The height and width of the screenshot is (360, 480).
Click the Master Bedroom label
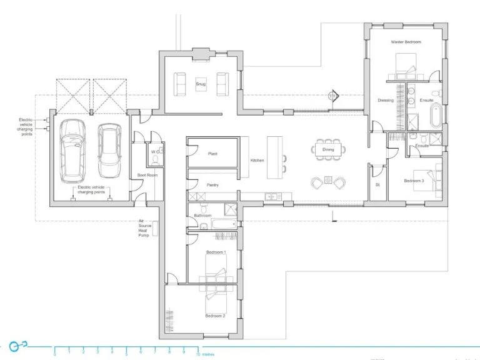pos(406,42)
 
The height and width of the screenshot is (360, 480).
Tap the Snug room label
pos(200,84)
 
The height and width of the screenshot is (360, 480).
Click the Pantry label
pos(212,185)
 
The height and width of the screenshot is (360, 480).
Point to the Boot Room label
pos(146,175)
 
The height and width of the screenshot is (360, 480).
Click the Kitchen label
pos(257,161)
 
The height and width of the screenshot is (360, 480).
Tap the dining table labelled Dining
pos(328,149)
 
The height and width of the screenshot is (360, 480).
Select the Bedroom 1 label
pos(215,252)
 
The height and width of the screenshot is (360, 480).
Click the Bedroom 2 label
pos(215,316)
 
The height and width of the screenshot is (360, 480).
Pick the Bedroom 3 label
pos(413,181)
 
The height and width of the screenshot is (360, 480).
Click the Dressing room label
pos(386,100)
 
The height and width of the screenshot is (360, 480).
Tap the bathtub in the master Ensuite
pos(436,116)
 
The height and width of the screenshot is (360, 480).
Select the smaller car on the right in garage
pos(109,151)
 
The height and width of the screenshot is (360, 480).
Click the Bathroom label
pos(202,216)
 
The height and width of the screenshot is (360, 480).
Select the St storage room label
pos(377,185)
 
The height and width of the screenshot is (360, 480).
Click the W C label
pos(154,151)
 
